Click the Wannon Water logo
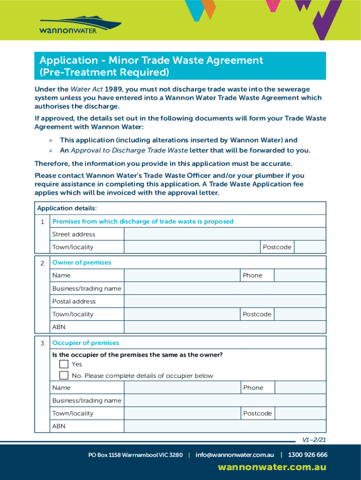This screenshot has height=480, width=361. point(80,25)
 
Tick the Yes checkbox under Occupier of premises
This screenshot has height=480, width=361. point(64,364)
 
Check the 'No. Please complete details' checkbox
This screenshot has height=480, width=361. point(64,375)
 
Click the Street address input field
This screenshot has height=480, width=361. point(225,234)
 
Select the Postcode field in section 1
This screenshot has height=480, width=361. point(309,247)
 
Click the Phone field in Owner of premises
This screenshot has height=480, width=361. point(300,276)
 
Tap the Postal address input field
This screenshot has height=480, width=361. point(225,301)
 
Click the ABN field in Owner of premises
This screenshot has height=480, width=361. point(225,327)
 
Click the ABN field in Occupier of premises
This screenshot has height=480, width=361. point(225,426)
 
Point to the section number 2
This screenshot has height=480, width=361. point(42,263)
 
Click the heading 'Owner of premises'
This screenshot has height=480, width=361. point(82,263)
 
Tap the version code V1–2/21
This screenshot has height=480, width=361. point(314,440)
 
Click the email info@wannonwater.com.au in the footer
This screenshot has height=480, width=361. point(234,455)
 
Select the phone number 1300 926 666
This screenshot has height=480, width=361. point(308,455)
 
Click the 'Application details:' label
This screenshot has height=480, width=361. point(67,208)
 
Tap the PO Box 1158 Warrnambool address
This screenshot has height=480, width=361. point(135,455)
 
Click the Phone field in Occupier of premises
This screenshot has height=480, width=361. point(300,388)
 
